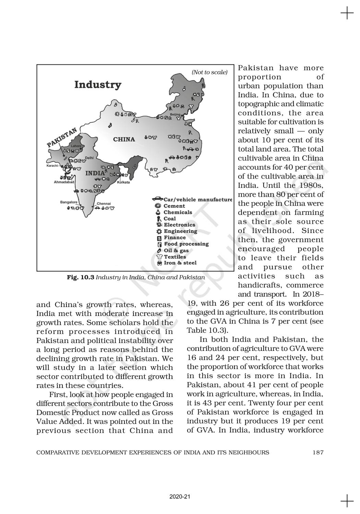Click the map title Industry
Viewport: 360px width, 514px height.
(98, 85)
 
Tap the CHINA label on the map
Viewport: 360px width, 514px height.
(124, 139)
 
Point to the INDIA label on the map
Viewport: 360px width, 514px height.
(95, 173)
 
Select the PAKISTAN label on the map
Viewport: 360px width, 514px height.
(62, 138)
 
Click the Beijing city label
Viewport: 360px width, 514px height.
(175, 114)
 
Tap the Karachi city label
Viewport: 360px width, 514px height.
(52, 166)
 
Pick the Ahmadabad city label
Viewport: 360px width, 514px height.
(64, 182)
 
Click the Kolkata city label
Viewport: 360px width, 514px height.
(123, 182)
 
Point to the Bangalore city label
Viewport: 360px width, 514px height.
(69, 202)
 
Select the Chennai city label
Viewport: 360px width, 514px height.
(104, 204)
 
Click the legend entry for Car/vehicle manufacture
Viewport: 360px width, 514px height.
(192, 199)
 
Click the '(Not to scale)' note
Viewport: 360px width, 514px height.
(209, 72)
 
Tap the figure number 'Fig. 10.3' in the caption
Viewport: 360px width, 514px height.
(81, 277)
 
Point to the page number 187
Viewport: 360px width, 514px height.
(318, 452)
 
